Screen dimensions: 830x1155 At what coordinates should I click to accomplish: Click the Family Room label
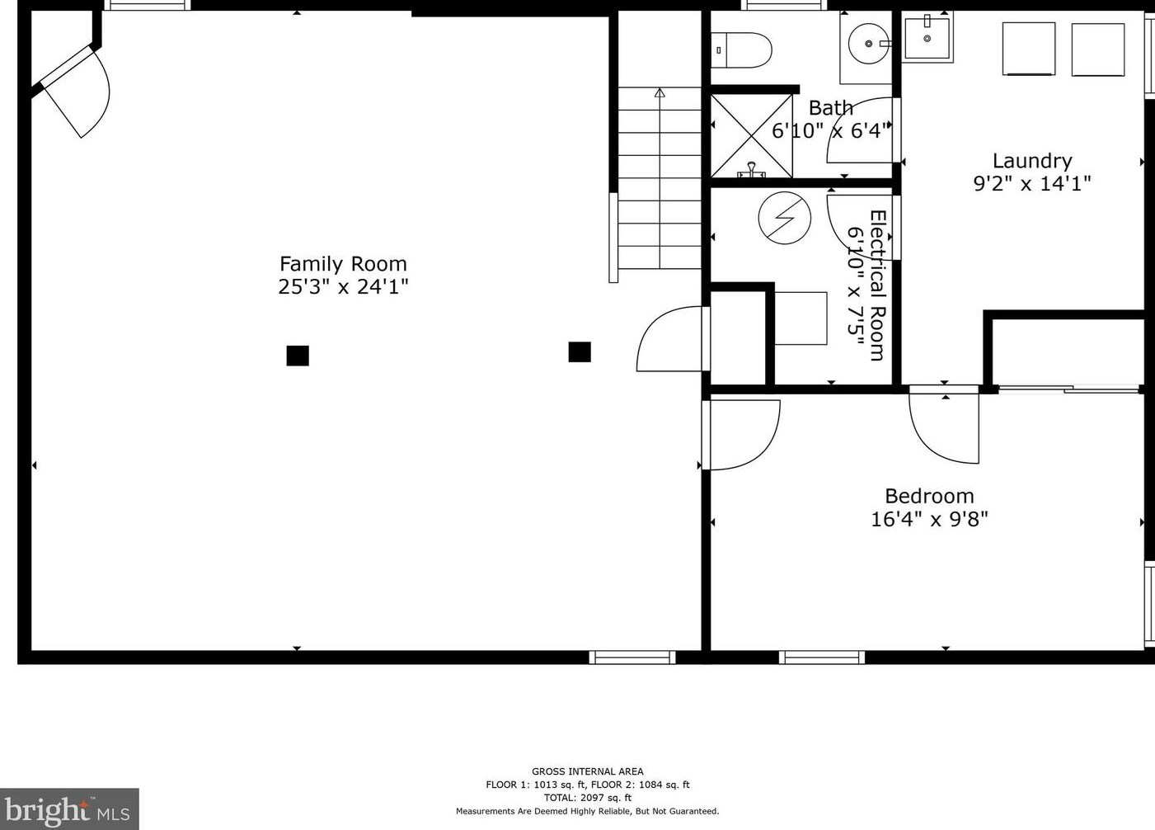tap(343, 264)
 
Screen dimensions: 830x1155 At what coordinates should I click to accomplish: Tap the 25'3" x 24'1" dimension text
tap(343, 287)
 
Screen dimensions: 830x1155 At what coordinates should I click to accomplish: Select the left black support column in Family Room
tap(298, 356)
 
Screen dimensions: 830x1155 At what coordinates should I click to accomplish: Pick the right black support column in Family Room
tap(580, 352)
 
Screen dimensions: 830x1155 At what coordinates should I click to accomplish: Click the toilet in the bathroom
tap(741, 50)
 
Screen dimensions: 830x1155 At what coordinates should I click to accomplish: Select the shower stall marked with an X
tap(751, 135)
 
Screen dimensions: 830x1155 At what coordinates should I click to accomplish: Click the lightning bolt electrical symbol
tap(784, 218)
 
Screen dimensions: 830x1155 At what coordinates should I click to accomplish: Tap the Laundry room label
tap(1031, 161)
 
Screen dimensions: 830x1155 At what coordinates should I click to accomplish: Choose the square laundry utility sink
tap(927, 38)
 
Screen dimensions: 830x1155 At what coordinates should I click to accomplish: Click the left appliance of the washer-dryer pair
tap(1028, 49)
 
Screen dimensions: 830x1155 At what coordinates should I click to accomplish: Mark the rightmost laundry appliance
tap(1097, 50)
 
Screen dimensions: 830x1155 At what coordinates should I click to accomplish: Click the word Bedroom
tap(929, 496)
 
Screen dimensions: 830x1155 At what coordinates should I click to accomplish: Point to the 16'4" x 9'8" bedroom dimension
tap(929, 519)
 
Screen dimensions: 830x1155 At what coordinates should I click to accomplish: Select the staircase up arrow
tap(660, 93)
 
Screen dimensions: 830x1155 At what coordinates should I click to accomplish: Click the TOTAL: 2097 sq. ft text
tap(587, 798)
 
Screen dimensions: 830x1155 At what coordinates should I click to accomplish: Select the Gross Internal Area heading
tap(587, 771)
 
